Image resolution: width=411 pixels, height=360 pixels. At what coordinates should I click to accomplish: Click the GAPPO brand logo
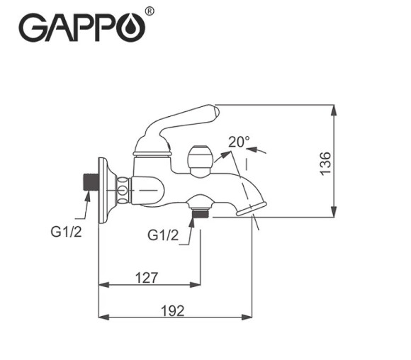[81, 28]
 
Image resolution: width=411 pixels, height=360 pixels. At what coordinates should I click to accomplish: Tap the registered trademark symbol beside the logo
[149, 12]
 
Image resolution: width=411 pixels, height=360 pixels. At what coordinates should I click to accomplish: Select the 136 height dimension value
[325, 163]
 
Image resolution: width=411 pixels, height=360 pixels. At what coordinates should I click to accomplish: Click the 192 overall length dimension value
[171, 310]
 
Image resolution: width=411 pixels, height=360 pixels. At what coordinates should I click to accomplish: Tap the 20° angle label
[239, 142]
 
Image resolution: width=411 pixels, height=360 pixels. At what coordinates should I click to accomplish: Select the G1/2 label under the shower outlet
[164, 234]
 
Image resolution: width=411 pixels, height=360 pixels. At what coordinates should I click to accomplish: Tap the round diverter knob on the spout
[201, 157]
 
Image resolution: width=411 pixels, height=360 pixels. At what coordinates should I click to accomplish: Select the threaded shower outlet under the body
[201, 206]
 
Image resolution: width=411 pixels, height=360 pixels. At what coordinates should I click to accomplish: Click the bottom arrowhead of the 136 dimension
[334, 212]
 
